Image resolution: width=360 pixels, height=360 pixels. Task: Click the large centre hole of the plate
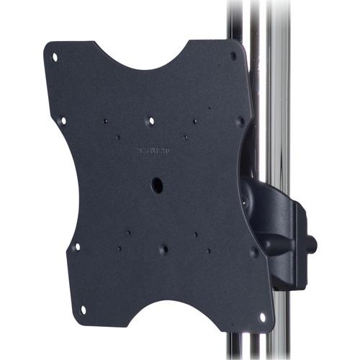coord(157,184)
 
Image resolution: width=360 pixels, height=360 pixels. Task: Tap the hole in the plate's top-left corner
coord(55,56)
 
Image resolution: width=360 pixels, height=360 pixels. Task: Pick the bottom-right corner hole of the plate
coord(261,316)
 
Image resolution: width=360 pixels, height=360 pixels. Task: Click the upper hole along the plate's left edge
coord(63,121)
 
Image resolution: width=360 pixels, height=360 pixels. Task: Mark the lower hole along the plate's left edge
coord(77,246)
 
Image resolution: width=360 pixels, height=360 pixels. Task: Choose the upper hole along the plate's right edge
coord(240,121)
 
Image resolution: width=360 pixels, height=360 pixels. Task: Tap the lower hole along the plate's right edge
coord(253,252)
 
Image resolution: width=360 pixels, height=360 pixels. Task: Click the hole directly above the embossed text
coord(150,121)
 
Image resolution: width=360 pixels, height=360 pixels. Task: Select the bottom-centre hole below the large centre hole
coord(163,249)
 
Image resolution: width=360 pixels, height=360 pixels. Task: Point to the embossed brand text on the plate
coord(154,150)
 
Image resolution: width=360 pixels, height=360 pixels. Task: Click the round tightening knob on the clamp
coord(311,243)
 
